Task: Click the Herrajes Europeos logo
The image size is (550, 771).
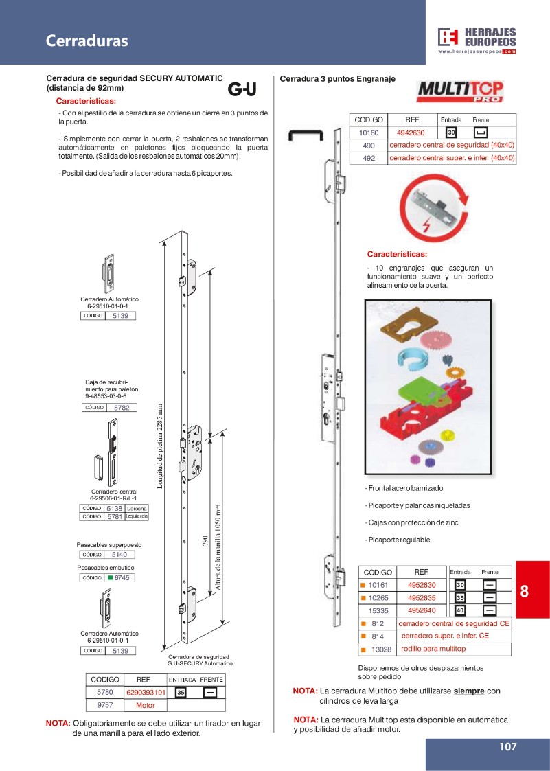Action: click(477, 41)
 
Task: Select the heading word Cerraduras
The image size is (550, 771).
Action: click(87, 41)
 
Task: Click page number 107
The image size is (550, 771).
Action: click(507, 747)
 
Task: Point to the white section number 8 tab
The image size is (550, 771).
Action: click(525, 591)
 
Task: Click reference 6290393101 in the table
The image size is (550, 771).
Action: click(146, 693)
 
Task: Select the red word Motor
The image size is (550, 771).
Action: click(146, 705)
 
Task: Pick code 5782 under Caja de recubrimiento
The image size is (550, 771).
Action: click(122, 408)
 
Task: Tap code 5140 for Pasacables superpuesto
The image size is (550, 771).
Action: click(120, 555)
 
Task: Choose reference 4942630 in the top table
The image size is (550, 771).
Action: click(411, 133)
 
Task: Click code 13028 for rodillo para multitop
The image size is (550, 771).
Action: click(381, 649)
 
